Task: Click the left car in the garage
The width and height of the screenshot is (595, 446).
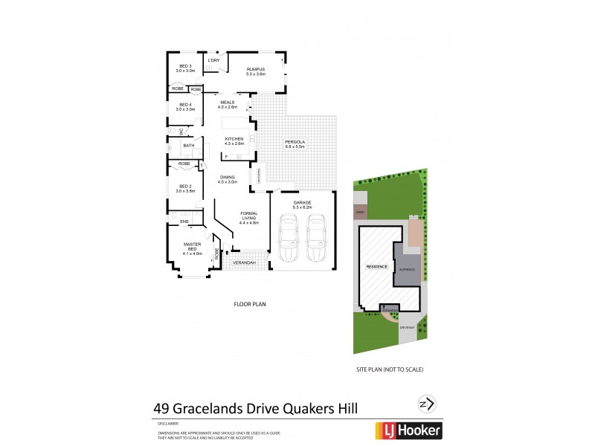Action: [289, 237]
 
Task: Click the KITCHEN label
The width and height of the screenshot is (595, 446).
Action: [234, 140]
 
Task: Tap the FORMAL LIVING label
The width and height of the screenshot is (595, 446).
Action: [248, 218]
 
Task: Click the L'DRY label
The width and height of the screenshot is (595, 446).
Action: [213, 60]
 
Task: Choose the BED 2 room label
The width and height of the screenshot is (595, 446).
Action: [185, 189]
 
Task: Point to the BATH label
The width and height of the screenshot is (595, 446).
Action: [189, 145]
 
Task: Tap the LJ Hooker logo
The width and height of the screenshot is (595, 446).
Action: [407, 430]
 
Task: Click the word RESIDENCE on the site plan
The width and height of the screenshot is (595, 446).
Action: [375, 266]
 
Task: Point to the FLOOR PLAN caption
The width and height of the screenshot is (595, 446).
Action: [250, 304]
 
